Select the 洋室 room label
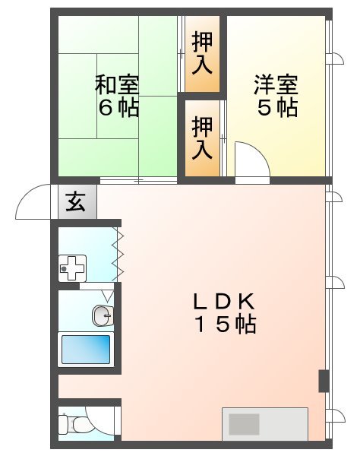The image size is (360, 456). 276,83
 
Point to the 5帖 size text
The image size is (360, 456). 276,107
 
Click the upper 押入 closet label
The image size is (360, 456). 202,52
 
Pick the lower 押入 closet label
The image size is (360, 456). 202,137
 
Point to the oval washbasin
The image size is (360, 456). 102,313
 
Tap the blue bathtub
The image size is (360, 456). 85,350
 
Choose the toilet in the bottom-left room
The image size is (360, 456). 68,422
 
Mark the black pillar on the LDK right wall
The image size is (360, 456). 323,380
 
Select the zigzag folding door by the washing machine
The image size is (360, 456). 117,255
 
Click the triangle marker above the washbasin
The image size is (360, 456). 107,293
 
